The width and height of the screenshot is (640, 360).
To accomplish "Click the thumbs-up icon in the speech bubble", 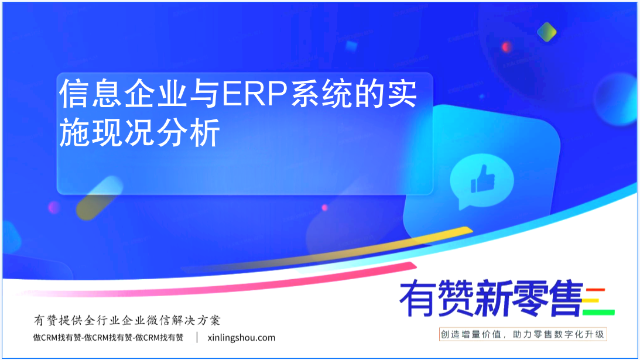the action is [483, 179].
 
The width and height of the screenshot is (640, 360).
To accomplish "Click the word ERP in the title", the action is [255, 94].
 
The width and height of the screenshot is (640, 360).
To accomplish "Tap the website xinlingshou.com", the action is [241, 338].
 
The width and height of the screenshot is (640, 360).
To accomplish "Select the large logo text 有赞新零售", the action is [491, 299].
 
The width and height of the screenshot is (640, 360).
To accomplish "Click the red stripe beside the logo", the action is [595, 290].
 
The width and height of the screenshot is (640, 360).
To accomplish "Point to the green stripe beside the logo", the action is [598, 313].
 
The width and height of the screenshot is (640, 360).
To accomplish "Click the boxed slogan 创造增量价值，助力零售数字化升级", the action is [522, 334].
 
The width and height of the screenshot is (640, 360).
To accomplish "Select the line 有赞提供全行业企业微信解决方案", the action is [127, 320].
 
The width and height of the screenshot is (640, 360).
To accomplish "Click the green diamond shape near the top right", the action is [546, 32].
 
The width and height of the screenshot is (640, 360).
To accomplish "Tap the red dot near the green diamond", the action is [506, 47].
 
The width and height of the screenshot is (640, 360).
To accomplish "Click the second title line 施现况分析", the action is [139, 132].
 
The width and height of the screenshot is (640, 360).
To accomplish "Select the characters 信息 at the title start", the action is [91, 94].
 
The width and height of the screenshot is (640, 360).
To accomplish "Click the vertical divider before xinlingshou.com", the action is [197, 337].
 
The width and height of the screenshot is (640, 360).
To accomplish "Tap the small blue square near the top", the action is [351, 46].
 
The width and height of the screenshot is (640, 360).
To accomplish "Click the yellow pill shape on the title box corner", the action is [99, 198].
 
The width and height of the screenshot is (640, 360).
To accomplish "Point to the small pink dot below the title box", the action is [324, 207].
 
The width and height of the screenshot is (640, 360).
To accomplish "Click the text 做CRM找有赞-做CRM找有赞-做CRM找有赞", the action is [108, 338].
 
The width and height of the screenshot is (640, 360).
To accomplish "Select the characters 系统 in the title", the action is [321, 94].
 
